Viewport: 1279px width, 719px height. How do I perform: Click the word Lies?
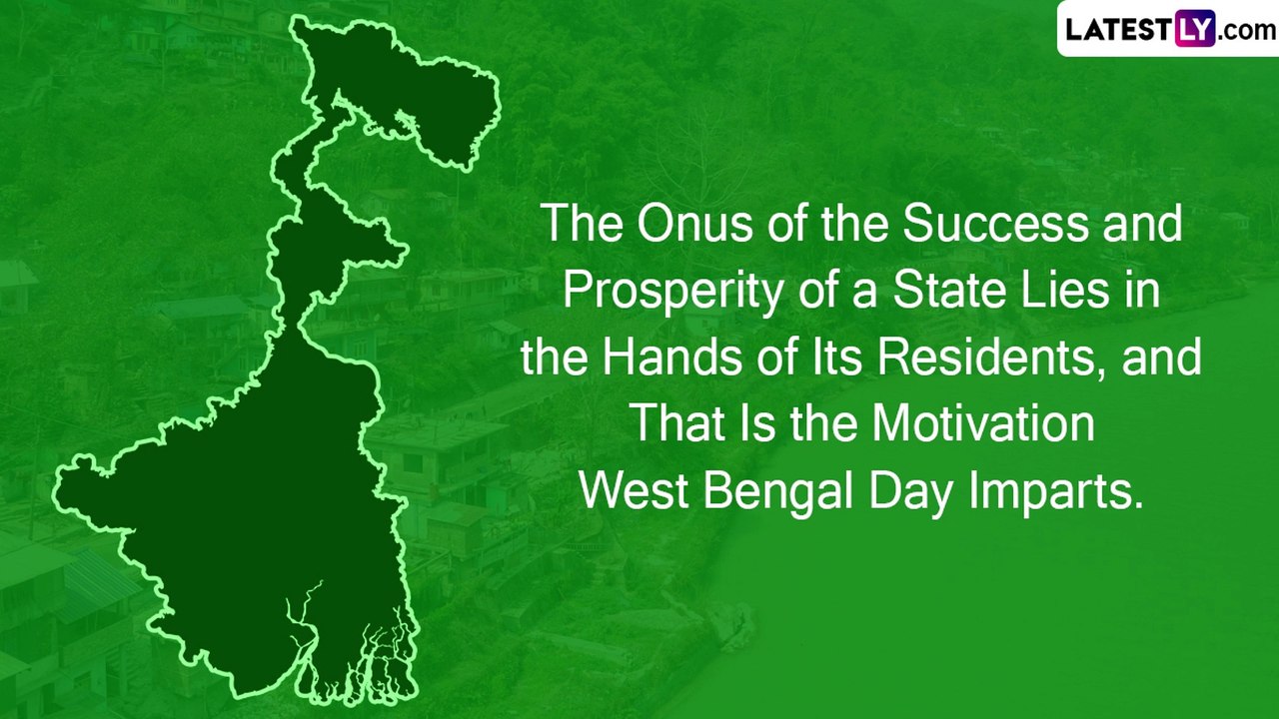click(1062, 292)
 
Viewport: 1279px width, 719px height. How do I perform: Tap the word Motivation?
click(982, 424)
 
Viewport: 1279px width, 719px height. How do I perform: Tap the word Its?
click(821, 358)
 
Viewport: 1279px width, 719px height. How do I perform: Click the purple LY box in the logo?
click(1194, 30)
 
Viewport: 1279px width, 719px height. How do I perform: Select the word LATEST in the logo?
click(1118, 30)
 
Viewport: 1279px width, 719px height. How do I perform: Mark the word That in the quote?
click(677, 424)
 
